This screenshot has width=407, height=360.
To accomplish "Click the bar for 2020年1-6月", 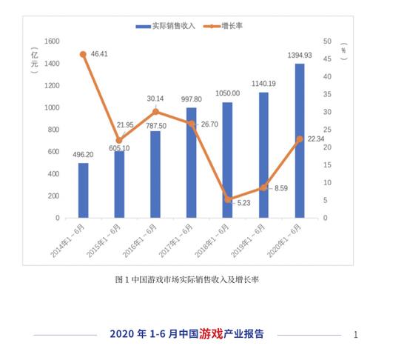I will coord(300,141).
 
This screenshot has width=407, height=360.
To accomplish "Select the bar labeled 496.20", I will coord(84,190).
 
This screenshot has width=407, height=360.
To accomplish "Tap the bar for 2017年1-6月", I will coord(192,163).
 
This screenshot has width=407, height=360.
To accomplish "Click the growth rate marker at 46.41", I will coord(83,54).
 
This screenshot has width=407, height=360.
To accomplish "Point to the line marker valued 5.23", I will coord(228,199).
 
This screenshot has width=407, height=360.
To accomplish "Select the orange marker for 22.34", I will coord(300,139).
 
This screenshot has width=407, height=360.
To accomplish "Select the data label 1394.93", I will coord(299,55).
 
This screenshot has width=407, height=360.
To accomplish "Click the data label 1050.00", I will coord(226,93).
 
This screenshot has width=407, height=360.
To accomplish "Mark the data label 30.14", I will coord(155,99).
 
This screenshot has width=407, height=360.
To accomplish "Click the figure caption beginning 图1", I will coord(186,280).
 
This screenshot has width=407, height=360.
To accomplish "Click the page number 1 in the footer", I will coord(356,335).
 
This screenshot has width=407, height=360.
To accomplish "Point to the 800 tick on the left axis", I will coord(53,130).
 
